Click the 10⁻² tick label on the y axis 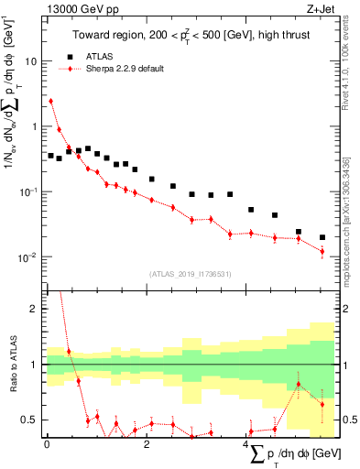[x=27, y=257]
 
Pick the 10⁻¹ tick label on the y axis [x=27, y=192]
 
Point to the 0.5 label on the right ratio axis [x=348, y=420]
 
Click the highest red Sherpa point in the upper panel [x=51, y=101]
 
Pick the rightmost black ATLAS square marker [x=322, y=237]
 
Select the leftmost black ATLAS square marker [x=51, y=156]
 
